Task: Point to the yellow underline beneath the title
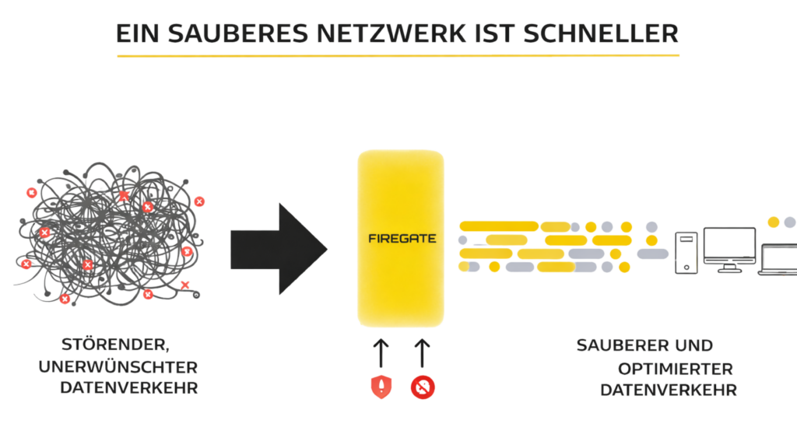[x=398, y=55]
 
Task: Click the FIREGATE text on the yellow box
[x=401, y=239]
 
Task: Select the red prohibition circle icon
[x=423, y=387]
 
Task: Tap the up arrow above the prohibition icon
[x=423, y=352]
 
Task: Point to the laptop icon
[x=780, y=259]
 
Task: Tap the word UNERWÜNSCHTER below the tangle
[x=118, y=366]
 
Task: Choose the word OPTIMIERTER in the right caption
[x=676, y=369]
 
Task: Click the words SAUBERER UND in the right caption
[x=644, y=345]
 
